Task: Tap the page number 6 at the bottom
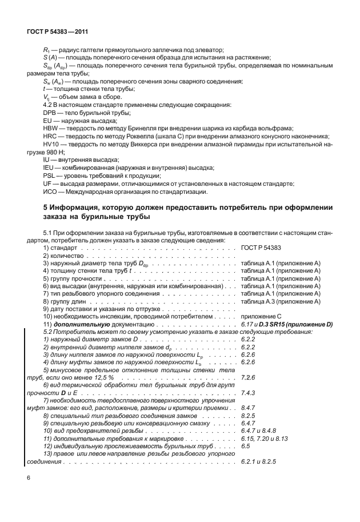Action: pyautogui.click(x=29, y=478)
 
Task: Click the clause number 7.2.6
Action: pyautogui.click(x=247, y=377)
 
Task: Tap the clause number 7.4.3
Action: pyautogui.click(x=247, y=393)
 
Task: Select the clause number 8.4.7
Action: pyautogui.click(x=247, y=408)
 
